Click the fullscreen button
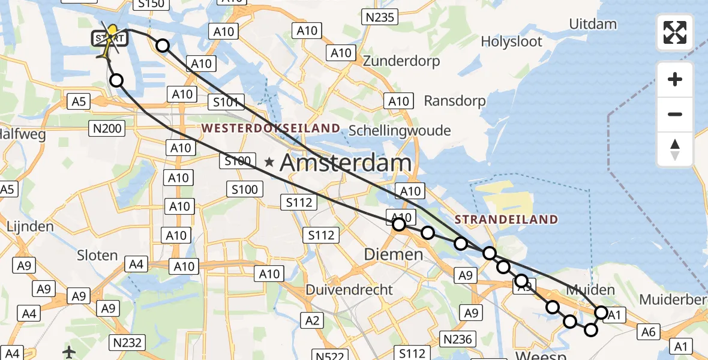click(x=675, y=32)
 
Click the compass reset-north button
click(x=675, y=149)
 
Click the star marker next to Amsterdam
click(x=270, y=161)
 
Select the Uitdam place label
click(x=593, y=25)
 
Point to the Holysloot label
click(x=511, y=42)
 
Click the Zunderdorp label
click(x=409, y=61)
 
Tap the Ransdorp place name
click(x=454, y=101)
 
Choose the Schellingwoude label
click(x=408, y=130)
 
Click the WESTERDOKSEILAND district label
click(x=271, y=128)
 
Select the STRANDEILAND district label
click(x=506, y=220)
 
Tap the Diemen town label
click(x=394, y=254)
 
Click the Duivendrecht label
click(x=349, y=290)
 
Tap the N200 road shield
click(x=106, y=128)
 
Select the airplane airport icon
click(x=70, y=352)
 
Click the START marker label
click(x=109, y=40)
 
